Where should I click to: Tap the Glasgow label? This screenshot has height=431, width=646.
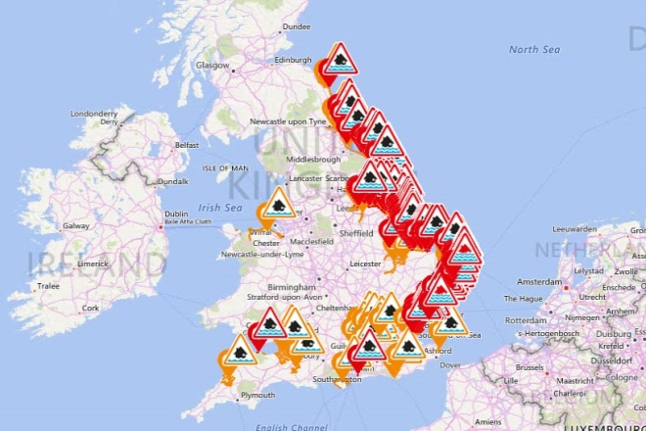[x=213, y=66]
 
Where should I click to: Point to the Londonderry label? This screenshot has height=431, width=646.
[x=94, y=115]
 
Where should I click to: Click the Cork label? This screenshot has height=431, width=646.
[x=91, y=307]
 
